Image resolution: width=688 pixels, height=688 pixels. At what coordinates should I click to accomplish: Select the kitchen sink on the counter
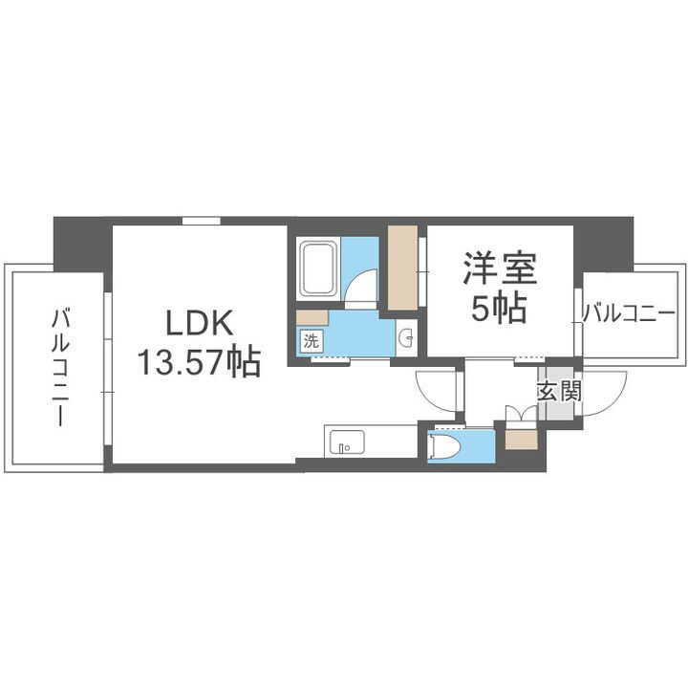(345, 442)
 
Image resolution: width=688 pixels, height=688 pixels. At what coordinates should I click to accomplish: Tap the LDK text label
(199, 325)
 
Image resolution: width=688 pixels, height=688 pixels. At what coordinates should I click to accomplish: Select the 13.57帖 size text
(199, 362)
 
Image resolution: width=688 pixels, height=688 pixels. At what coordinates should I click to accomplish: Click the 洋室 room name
(499, 269)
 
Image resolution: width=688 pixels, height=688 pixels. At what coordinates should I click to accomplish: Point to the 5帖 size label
(499, 308)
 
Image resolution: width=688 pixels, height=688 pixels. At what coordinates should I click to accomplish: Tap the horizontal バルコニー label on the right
(628, 312)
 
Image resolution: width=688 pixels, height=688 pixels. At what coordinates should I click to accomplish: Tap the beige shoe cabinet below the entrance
(522, 440)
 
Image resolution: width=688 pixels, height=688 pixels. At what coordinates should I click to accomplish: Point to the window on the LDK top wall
(200, 221)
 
